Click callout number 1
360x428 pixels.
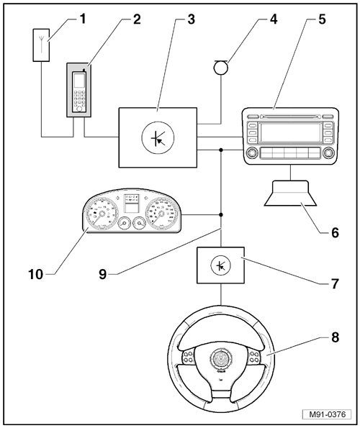(82, 19)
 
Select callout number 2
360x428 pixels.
(137, 19)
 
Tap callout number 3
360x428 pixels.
(192, 19)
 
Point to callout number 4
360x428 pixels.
(274, 19)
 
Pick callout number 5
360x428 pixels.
(323, 19)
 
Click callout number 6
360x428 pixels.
(335, 232)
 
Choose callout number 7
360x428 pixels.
(335, 283)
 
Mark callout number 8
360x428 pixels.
(335, 337)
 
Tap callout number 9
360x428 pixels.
(103, 274)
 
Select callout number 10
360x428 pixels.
(36, 274)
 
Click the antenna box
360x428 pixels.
(41, 45)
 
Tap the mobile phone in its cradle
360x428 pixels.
(79, 91)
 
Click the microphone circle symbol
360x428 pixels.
(221, 68)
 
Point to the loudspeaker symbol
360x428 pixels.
(290, 193)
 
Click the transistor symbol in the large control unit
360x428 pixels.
(158, 137)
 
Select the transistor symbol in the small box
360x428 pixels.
(221, 265)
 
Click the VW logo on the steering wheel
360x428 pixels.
(221, 358)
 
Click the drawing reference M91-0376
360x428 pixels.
(327, 414)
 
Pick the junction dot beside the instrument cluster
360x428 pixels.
(221, 215)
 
